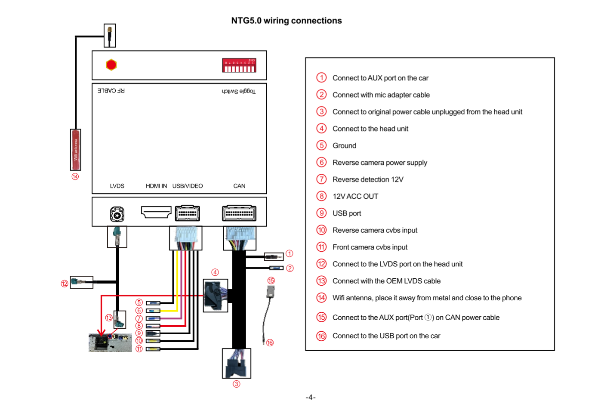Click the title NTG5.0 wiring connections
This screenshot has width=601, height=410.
point(287,21)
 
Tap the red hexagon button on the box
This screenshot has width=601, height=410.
point(111,65)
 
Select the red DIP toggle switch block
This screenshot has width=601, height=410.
point(239,65)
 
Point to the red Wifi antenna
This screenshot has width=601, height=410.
point(76,149)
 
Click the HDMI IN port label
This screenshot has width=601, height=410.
point(156,186)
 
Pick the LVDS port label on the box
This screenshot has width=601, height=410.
point(117,186)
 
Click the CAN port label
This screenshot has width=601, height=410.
point(239,186)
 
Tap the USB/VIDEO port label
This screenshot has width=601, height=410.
point(188,186)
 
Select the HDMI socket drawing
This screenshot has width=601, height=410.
point(156,212)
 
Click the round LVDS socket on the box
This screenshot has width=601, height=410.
point(117,214)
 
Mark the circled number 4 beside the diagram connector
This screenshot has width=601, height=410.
point(215,272)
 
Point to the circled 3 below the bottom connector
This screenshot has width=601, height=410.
point(236,384)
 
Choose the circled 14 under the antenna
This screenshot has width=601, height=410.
point(75,176)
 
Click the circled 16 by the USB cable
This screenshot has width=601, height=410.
point(270,343)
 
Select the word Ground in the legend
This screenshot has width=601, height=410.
point(344,145)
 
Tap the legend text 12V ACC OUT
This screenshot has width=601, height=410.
point(355,196)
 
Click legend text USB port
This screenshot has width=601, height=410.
point(347,213)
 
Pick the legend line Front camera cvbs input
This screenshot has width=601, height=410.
point(370,247)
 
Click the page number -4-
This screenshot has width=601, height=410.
point(311,397)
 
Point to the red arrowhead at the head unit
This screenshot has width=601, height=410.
point(102,333)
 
